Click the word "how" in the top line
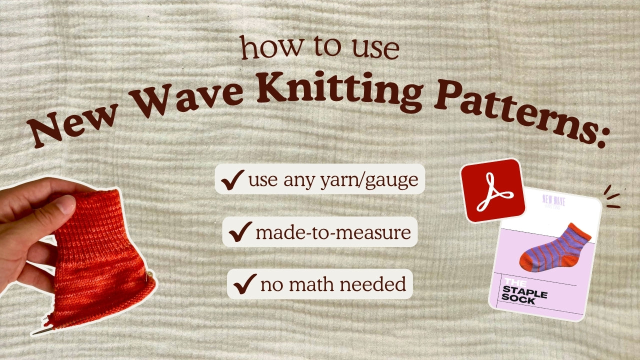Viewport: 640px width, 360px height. pyautogui.click(x=264, y=48)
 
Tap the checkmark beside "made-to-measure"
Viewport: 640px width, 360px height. pyautogui.click(x=239, y=232)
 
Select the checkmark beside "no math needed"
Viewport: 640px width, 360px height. pyautogui.click(x=244, y=284)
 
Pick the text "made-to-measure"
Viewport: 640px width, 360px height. pyautogui.click(x=333, y=232)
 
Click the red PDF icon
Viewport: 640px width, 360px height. pyautogui.click(x=492, y=190)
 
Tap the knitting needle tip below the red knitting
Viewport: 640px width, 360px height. pyautogui.click(x=37, y=331)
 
